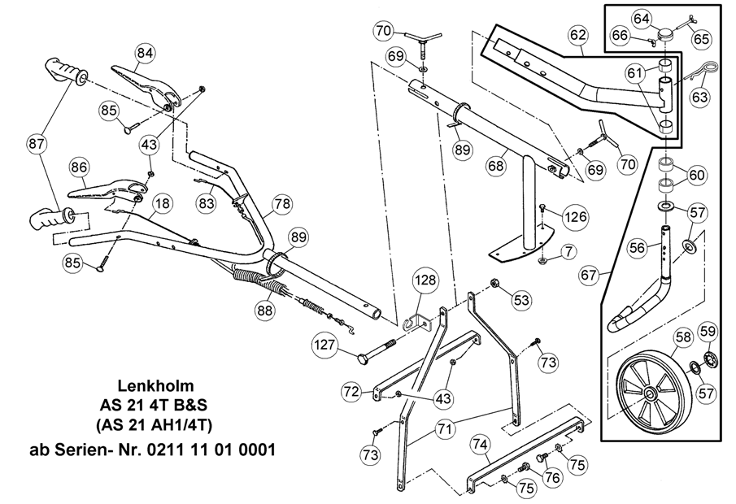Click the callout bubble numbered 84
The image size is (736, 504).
(145, 54)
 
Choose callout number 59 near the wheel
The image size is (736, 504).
(708, 331)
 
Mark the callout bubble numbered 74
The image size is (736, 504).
(481, 445)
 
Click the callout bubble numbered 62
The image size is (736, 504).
(577, 35)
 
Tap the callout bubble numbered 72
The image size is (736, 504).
(351, 392)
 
